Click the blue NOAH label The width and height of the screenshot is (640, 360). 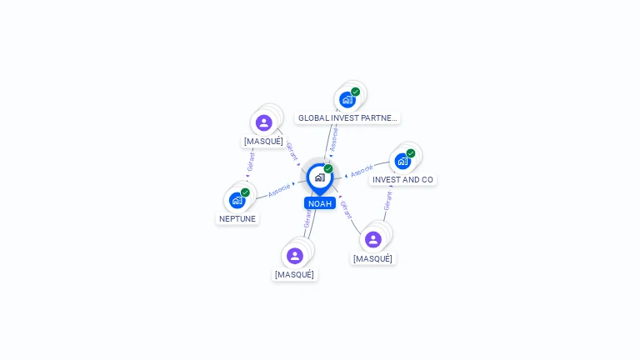pyautogui.click(x=320, y=203)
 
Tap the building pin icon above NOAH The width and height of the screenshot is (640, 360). pyautogui.click(x=319, y=177)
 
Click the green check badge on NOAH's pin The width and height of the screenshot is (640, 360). pyautogui.click(x=328, y=169)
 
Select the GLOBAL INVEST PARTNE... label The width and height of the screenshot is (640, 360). pyautogui.click(x=347, y=118)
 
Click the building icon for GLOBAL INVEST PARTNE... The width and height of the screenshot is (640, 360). pyautogui.click(x=347, y=100)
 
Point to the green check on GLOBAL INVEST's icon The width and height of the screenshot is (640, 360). pyautogui.click(x=356, y=92)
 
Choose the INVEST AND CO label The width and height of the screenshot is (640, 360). pyautogui.click(x=402, y=180)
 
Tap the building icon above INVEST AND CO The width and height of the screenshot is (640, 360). pyautogui.click(x=402, y=161)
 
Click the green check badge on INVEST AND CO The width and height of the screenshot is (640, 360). pyautogui.click(x=411, y=153)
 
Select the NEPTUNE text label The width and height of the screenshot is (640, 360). pyautogui.click(x=237, y=219)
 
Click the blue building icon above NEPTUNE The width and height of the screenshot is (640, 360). pyautogui.click(x=237, y=200)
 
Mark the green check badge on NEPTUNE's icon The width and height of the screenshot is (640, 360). pyautogui.click(x=245, y=192)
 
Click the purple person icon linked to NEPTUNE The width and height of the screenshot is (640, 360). pyautogui.click(x=264, y=122)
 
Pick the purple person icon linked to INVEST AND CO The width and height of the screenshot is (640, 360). pyautogui.click(x=373, y=240)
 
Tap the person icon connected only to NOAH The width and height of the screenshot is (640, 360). pyautogui.click(x=295, y=256)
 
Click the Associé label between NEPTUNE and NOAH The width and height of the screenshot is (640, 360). pyautogui.click(x=280, y=190)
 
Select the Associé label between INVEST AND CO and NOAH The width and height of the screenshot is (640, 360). pyautogui.click(x=362, y=171)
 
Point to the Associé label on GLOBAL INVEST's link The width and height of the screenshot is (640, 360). pyautogui.click(x=334, y=138)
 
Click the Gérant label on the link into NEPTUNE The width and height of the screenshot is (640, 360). pyautogui.click(x=250, y=162)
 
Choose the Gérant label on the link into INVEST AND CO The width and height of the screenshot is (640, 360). pyautogui.click(x=387, y=200)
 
